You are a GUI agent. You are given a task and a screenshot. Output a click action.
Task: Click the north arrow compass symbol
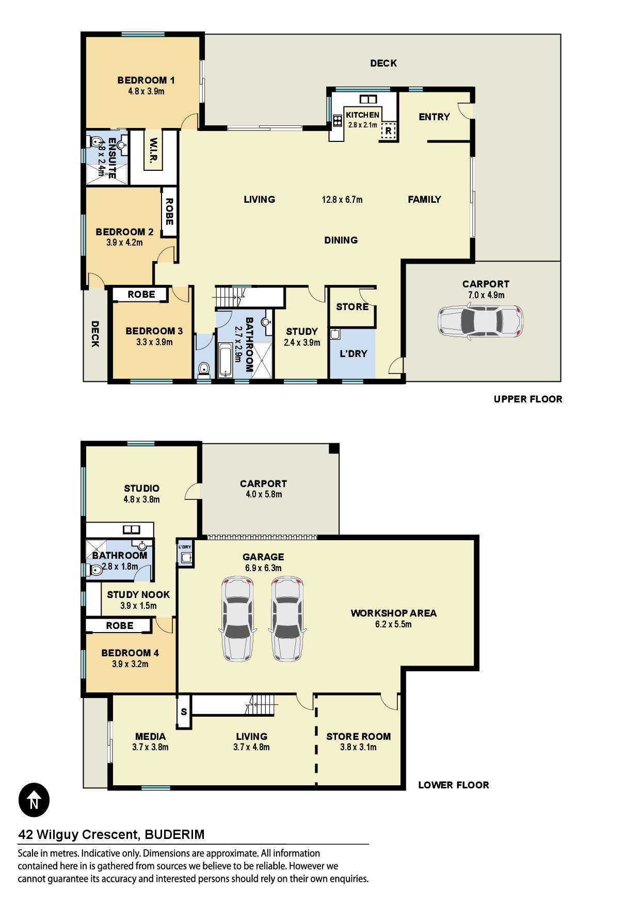click(34, 800)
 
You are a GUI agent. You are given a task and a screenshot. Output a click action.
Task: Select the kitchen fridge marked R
click(388, 131)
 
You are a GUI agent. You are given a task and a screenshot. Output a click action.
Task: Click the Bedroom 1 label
click(146, 80)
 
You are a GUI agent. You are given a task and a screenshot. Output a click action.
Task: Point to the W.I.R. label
click(153, 151)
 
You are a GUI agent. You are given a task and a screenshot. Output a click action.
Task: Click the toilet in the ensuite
click(95, 141)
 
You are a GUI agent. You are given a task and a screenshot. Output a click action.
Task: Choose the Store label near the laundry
click(353, 307)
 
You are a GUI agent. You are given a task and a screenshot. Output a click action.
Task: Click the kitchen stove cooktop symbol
click(338, 120)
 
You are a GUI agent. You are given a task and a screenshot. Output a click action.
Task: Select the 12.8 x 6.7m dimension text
click(342, 200)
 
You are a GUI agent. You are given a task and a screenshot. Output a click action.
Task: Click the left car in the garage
click(238, 620)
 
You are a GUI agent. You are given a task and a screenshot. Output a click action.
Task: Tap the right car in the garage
click(286, 620)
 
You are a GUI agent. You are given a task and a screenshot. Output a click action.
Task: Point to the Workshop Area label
click(394, 613)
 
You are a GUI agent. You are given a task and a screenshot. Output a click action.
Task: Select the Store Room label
click(358, 736)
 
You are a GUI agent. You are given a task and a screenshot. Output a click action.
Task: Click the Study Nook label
click(138, 594)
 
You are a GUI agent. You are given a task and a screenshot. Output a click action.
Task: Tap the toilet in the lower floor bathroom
click(95, 570)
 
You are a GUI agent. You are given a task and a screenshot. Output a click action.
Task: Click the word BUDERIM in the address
click(174, 834)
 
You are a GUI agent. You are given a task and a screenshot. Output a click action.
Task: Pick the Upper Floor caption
click(528, 399)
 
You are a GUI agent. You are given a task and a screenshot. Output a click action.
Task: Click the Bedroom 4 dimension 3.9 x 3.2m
click(130, 664)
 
